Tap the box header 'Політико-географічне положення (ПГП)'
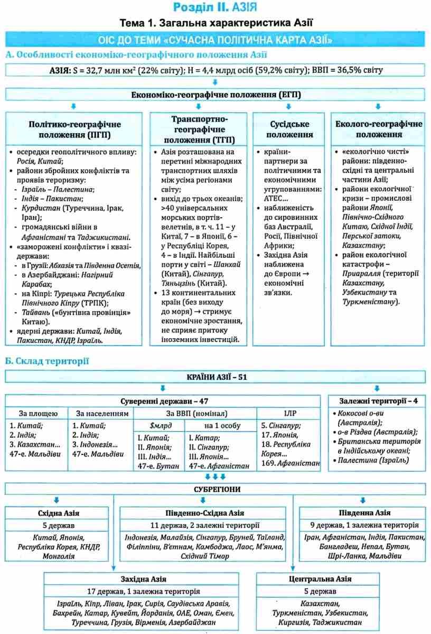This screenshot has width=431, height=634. [x=74, y=128]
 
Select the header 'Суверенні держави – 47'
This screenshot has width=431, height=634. [x=163, y=401]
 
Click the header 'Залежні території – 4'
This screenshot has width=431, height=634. [x=378, y=401]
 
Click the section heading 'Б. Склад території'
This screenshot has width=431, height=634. [x=47, y=361]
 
